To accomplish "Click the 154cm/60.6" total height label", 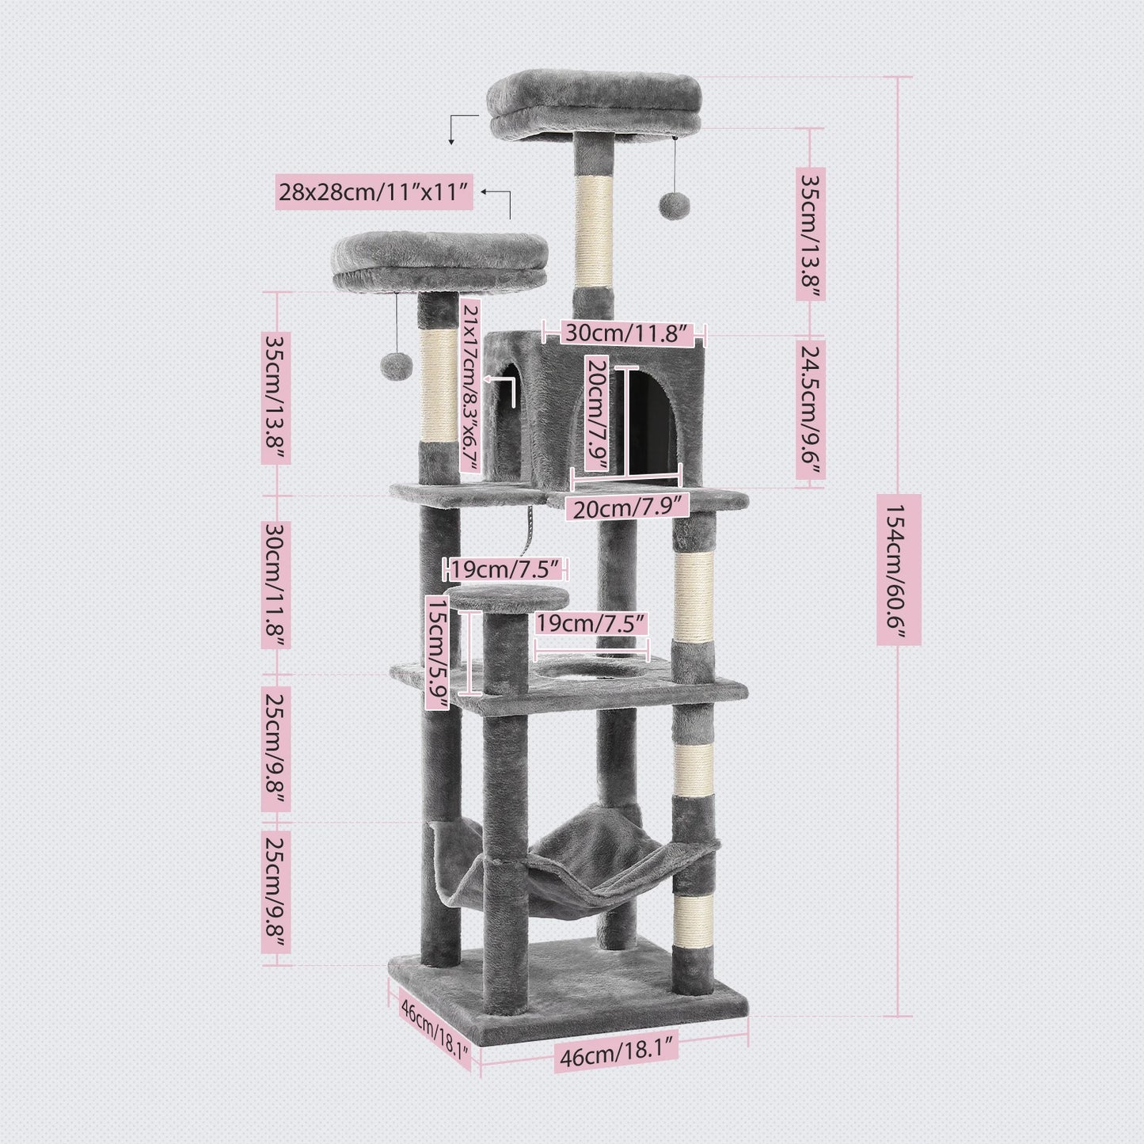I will pos(899,569).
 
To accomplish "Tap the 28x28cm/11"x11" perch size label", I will pos(374,192).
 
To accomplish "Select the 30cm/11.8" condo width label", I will pos(624,333).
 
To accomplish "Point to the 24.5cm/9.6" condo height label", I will pos(810,410).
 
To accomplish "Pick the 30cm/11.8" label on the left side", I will pos(276,584).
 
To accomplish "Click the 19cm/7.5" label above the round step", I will pos(507,569).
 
